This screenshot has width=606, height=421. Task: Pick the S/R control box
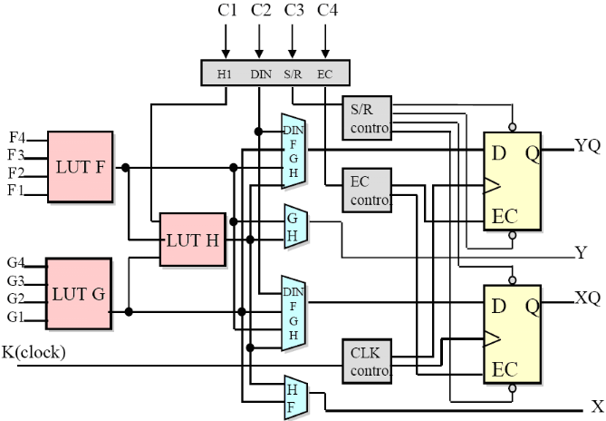tap(367, 117)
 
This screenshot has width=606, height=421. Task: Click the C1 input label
tap(226, 12)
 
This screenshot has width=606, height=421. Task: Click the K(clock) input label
tap(34, 351)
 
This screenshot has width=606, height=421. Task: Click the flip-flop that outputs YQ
tap(512, 181)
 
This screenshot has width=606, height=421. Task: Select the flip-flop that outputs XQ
tap(512, 333)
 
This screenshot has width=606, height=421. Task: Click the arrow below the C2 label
tap(259, 42)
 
